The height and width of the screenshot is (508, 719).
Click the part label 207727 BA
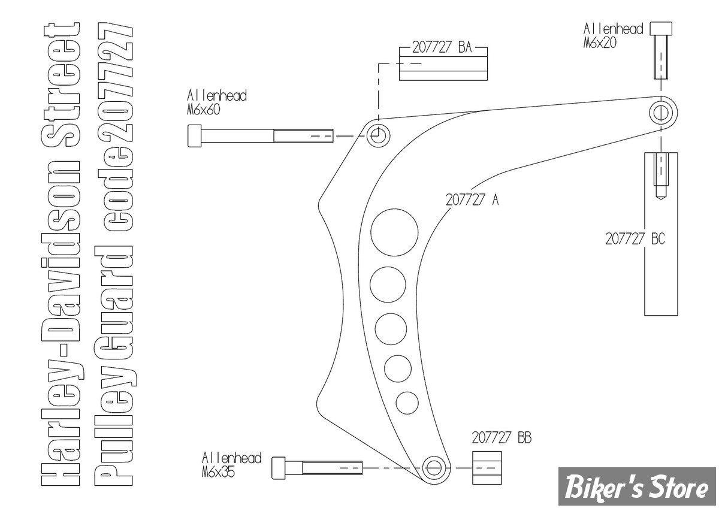[x=442, y=47]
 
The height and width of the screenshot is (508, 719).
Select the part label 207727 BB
[x=502, y=437]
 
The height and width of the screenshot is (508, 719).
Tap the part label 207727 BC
[x=635, y=239]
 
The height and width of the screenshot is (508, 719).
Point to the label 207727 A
[x=472, y=199]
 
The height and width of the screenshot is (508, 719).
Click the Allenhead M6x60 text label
[x=217, y=102]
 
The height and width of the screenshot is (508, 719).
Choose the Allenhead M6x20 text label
[x=614, y=35]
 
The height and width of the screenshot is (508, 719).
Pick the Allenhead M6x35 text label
[x=231, y=465]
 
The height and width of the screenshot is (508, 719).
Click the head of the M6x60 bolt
[x=195, y=136]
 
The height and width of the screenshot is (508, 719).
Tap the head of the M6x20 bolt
[x=661, y=29]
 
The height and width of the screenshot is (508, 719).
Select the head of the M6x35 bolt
[x=278, y=468]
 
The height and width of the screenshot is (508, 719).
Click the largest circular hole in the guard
[x=394, y=232]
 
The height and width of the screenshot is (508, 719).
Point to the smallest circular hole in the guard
[x=407, y=403]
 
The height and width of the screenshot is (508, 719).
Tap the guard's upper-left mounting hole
[x=378, y=136]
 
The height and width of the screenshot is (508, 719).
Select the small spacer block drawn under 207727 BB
[x=487, y=468]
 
